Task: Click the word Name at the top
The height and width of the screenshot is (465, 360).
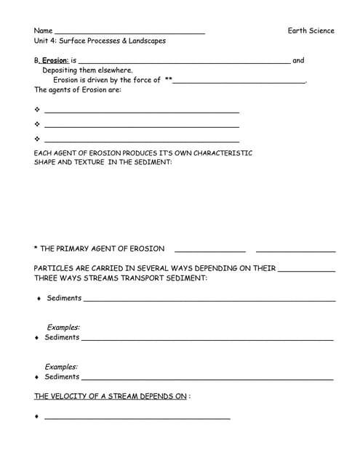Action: click(43, 31)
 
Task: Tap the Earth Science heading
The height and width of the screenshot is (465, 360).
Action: click(311, 31)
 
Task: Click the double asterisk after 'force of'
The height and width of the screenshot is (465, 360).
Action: click(168, 80)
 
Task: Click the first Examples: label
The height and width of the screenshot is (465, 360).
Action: click(63, 328)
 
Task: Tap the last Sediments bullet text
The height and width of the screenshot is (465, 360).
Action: click(62, 377)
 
